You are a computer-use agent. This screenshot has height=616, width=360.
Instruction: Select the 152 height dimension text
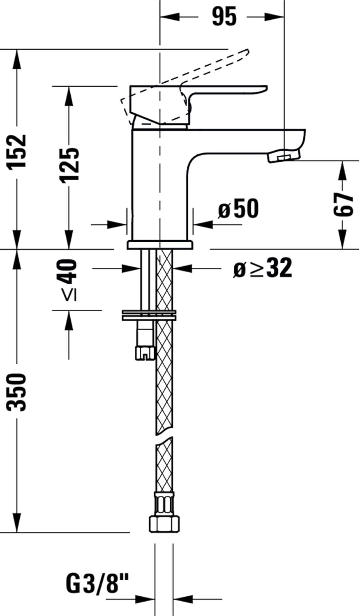pos(17,151)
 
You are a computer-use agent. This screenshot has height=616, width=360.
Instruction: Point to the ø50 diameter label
pos(239,209)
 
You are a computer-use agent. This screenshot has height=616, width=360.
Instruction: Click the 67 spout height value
pos(343,204)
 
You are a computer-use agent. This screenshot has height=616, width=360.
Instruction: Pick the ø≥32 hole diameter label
pos(263,269)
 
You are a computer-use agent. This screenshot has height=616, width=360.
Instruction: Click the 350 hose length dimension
pos(17,392)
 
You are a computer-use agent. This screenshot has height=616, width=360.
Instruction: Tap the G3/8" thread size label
pos(97,584)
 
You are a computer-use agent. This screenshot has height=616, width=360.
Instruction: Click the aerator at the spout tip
pos(284,156)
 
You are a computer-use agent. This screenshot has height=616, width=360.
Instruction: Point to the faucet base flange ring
pos(160,245)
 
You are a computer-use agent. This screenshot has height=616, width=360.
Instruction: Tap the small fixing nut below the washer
pos(145,352)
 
